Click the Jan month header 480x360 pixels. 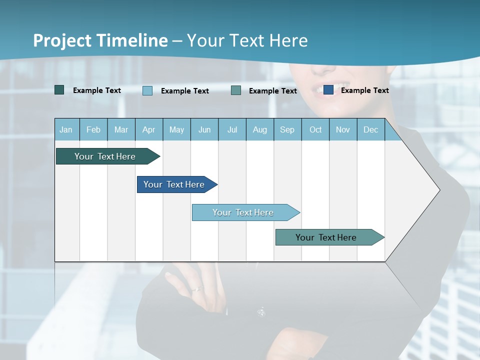[66, 129]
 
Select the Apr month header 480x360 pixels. [148, 129]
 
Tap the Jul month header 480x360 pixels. [232, 129]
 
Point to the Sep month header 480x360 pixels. [287, 129]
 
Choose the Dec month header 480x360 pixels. [370, 129]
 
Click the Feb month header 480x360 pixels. [93, 129]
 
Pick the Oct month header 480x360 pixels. [315, 129]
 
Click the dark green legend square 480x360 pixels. [59, 90]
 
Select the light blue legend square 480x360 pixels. [147, 90]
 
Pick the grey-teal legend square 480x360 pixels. [236, 90]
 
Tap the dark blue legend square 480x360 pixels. [328, 90]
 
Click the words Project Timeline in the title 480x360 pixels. [100, 40]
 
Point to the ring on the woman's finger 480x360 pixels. [198, 288]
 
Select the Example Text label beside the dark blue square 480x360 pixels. [364, 90]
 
